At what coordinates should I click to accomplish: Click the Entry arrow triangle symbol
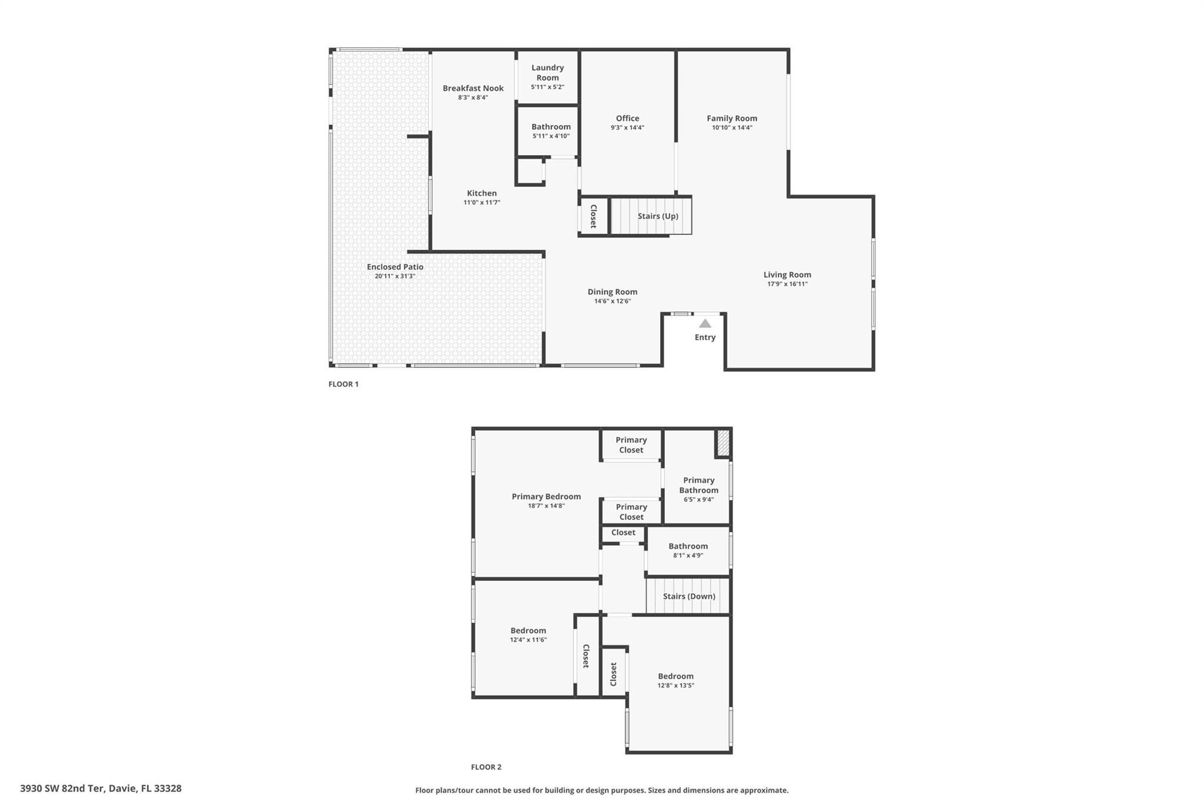[x=705, y=324]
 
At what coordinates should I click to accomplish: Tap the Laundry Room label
[x=547, y=73]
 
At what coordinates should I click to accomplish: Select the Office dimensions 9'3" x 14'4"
[x=627, y=127]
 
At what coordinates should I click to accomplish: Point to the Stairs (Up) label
[x=658, y=216]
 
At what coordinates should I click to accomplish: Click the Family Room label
[x=732, y=118]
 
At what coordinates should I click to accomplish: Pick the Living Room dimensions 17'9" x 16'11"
[x=787, y=284]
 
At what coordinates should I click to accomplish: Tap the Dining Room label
[x=613, y=292]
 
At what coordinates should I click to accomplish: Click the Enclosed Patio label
[x=395, y=267]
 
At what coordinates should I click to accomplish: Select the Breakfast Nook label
[x=473, y=88]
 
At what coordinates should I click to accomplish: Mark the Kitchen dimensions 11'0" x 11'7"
[x=481, y=203]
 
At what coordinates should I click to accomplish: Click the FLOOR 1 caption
[x=343, y=384]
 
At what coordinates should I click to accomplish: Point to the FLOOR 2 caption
[x=486, y=767]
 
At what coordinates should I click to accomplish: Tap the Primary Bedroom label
[x=546, y=496]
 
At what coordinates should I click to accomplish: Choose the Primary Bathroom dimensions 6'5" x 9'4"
[x=698, y=500]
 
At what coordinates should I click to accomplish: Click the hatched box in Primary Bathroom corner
[x=723, y=442]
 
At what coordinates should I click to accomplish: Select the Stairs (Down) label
[x=689, y=596]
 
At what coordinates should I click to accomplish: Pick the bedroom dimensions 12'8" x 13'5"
[x=675, y=686]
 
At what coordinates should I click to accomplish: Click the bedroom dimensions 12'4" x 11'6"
[x=528, y=640]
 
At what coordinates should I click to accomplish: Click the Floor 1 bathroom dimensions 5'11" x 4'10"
[x=551, y=136]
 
